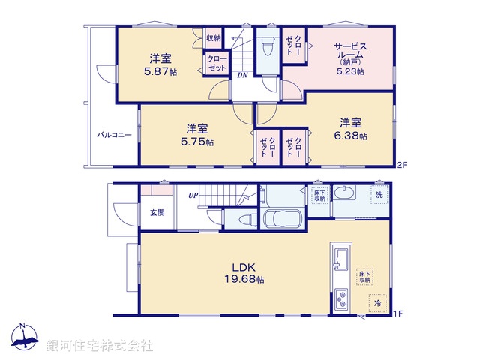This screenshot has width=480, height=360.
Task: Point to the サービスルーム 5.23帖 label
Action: click(349, 58)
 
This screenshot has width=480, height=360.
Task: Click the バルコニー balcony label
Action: click(114, 136)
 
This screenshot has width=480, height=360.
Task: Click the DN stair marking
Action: click(243, 75)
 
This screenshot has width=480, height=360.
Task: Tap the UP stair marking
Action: click(193, 196)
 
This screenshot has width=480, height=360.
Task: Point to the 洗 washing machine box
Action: click(379, 195)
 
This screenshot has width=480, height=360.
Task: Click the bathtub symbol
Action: click(282, 220)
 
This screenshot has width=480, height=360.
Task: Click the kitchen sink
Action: click(338, 258)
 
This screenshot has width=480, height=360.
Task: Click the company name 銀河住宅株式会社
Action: click(100, 346)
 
